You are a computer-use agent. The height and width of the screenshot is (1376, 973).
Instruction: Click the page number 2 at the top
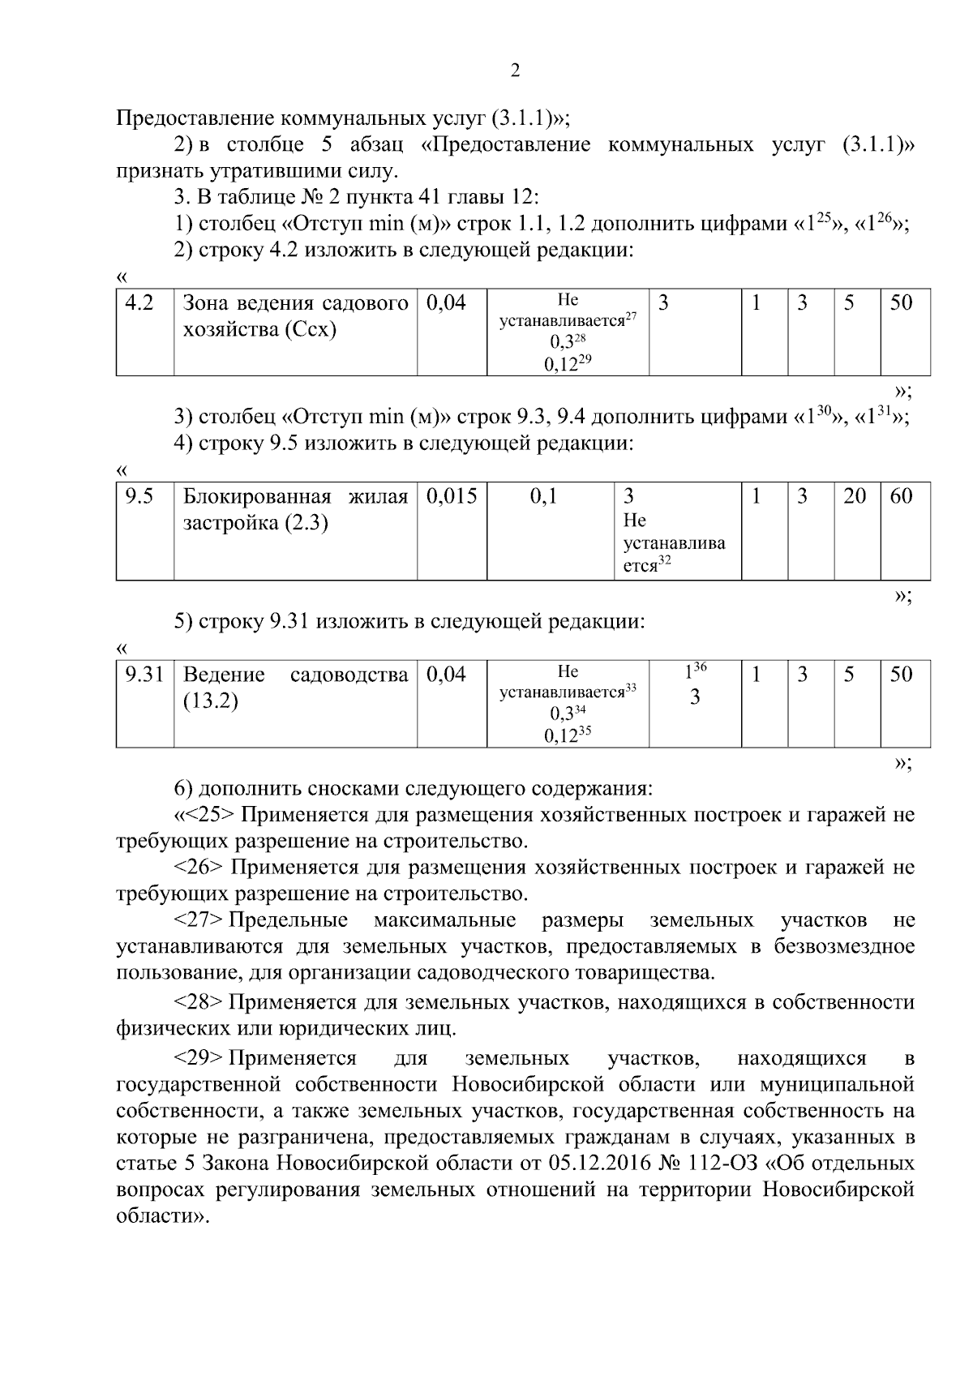[x=515, y=71]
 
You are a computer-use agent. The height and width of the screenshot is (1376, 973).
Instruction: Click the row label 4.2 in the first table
[x=139, y=303]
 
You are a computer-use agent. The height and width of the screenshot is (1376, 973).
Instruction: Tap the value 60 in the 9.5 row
[x=901, y=496]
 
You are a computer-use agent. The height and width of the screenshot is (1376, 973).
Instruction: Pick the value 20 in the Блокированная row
[x=855, y=496]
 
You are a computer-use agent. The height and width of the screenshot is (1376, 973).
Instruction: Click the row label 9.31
[x=144, y=675]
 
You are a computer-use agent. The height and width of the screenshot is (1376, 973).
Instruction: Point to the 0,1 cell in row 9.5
[x=543, y=496]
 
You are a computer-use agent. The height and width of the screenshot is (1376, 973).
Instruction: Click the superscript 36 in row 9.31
[x=700, y=667]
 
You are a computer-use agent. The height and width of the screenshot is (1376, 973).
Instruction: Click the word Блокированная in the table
[x=257, y=496]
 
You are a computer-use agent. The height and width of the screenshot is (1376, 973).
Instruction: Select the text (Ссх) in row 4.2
[x=310, y=330]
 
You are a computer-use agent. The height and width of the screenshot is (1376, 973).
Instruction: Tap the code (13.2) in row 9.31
[x=211, y=701]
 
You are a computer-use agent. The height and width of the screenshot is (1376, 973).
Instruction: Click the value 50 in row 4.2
[x=901, y=303]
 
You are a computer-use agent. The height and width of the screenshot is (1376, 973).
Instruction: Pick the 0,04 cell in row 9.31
[x=446, y=675]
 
